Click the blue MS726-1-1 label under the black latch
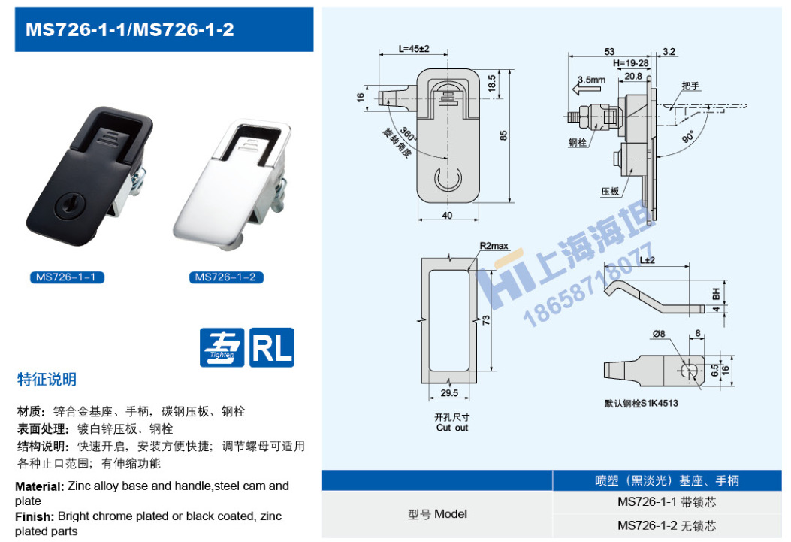coord(67,277)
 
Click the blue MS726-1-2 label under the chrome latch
coord(225,277)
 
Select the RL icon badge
coord(271,347)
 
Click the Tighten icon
coord(222,347)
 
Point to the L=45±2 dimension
coord(413,50)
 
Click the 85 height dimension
coord(504,135)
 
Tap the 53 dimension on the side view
coord(608,51)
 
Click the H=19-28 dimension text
coord(630,64)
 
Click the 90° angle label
coord(687,139)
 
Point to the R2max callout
coord(494,246)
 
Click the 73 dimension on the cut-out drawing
coord(487,320)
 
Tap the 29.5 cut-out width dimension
coord(448,392)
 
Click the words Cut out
coord(451,428)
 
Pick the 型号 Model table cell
coord(437,514)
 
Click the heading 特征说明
coord(47,380)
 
